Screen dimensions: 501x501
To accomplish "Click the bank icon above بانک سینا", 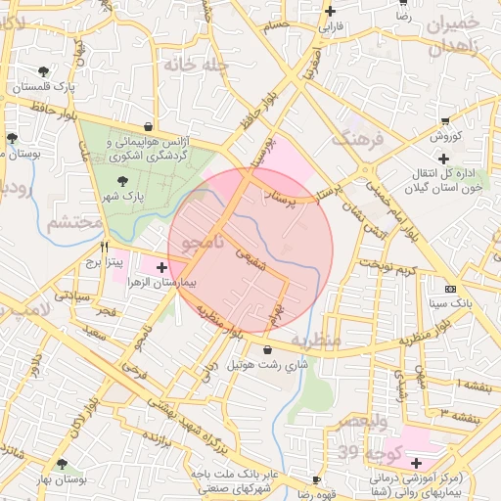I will point(450,290).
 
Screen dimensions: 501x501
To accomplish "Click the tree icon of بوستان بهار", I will point(63,465).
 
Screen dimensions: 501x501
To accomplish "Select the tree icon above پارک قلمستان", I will point(43,70).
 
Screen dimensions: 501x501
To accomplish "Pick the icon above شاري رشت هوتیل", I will point(268,349).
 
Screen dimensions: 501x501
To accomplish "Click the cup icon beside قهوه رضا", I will point(315,479).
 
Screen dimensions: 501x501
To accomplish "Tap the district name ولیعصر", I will point(362,421).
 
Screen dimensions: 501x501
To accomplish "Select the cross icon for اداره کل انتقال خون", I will point(444,159).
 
